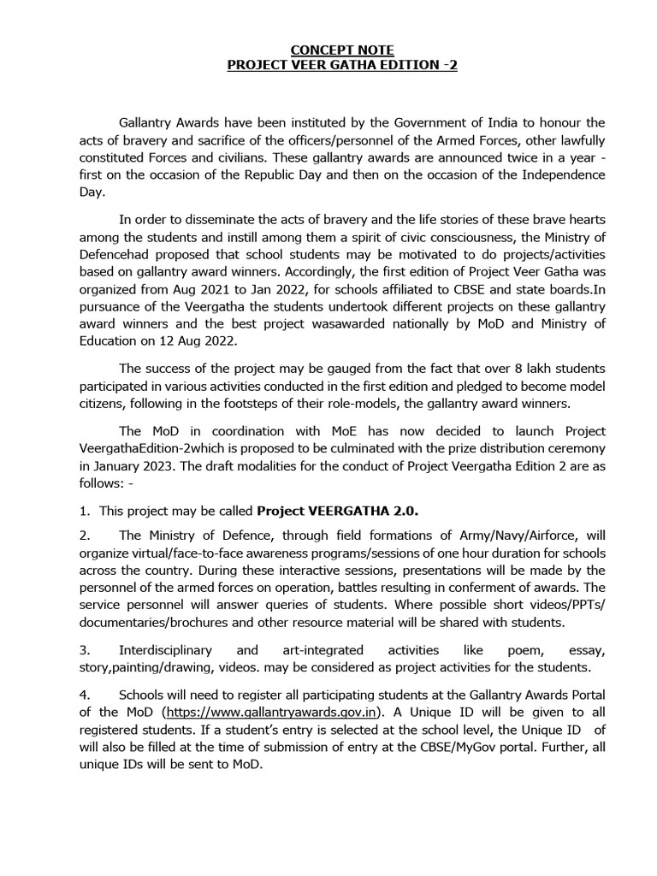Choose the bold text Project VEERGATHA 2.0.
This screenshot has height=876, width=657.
(338, 511)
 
